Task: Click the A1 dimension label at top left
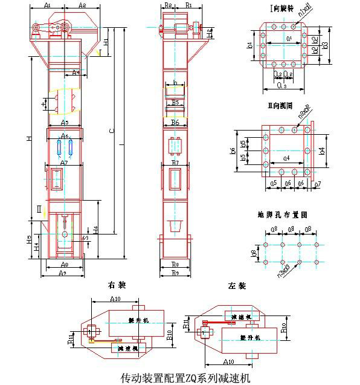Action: point(51,5)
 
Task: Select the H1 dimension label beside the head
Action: point(106,42)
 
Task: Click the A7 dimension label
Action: point(64,163)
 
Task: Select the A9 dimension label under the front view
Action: point(63,273)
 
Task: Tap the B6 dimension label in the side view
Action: point(175,123)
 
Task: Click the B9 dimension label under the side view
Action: point(175,273)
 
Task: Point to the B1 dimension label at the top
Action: point(188,5)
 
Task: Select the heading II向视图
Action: point(281,105)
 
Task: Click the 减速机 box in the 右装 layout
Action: point(128,349)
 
